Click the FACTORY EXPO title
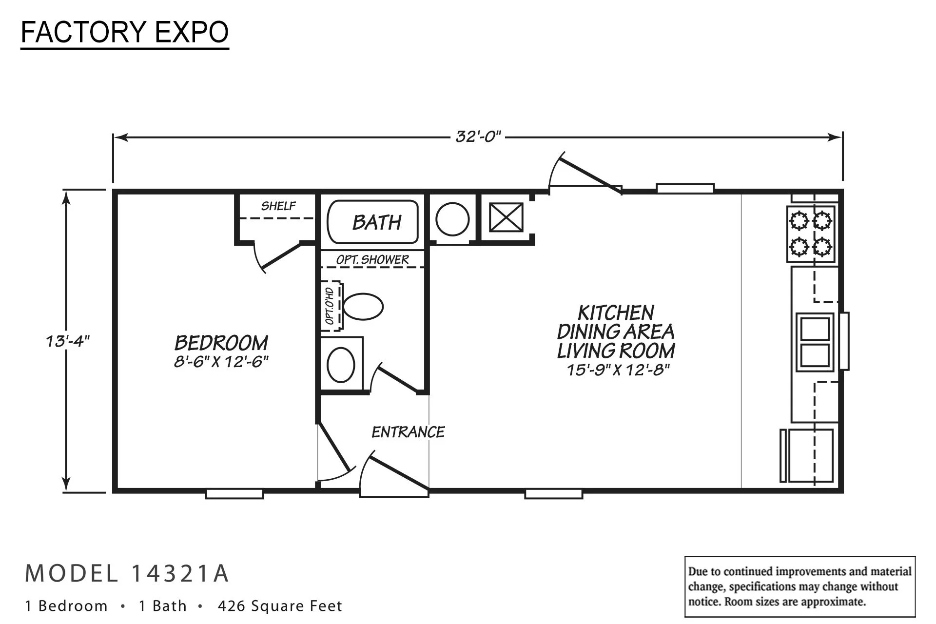pos(125,33)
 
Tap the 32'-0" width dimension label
pos(478,137)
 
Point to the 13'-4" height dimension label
pos(68,341)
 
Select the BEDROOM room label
pos(221,343)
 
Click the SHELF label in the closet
pos(278,206)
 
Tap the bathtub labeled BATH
pos(373,222)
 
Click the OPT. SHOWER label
pos(372,259)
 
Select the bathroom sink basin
pos(341,365)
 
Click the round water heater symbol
pos(452,219)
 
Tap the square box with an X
pos(506,217)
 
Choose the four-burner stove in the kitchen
pos(811,234)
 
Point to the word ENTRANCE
pos(408,432)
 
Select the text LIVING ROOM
pos(616,351)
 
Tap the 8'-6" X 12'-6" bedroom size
pos(221,362)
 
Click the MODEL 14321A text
pos(127,573)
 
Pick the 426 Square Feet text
pos(280,606)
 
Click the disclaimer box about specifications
pos(800,586)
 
